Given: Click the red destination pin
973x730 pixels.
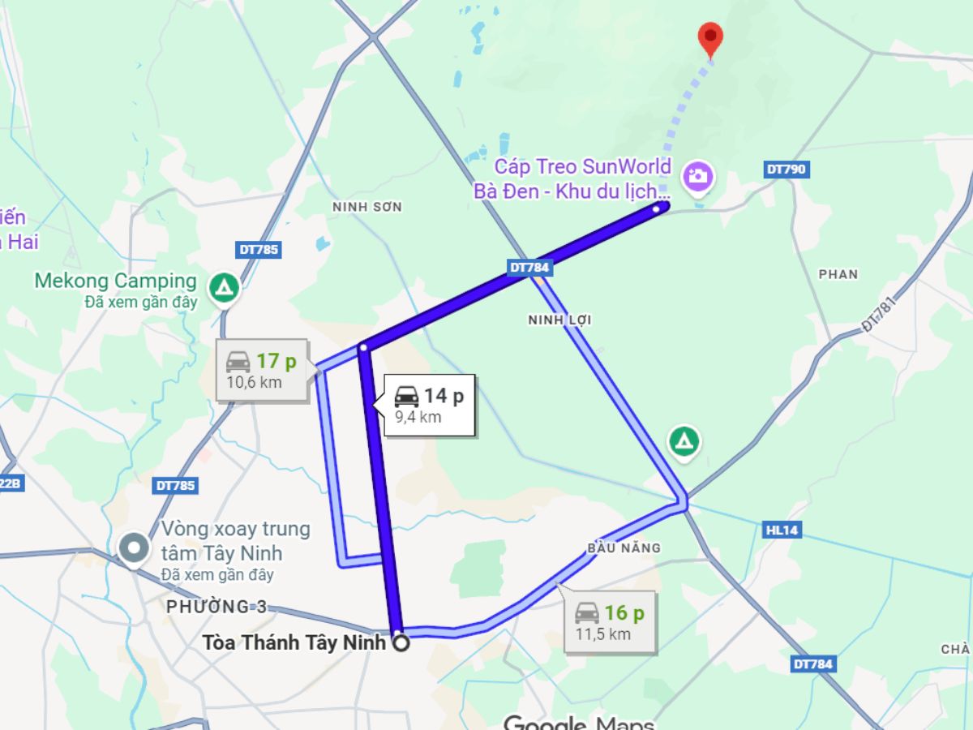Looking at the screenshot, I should (710, 37).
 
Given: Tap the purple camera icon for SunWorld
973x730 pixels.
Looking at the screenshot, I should (697, 175).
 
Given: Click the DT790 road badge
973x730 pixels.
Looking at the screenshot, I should (786, 170).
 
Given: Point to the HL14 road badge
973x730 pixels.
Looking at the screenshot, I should (782, 530).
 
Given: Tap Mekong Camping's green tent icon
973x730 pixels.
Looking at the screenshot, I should (223, 286).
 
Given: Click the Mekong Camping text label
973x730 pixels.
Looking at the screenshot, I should (115, 281).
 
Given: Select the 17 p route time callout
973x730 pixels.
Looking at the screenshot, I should (261, 370).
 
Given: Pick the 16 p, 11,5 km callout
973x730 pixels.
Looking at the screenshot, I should (610, 622).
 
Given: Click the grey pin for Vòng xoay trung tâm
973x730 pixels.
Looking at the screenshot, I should (132, 547).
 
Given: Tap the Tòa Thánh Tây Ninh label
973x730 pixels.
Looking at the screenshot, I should (294, 643).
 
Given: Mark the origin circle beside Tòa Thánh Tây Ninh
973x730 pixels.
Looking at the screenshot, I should (401, 644).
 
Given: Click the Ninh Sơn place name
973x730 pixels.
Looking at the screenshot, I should (367, 207).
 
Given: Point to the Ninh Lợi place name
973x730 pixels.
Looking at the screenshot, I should (559, 320).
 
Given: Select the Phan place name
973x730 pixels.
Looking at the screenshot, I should (838, 274).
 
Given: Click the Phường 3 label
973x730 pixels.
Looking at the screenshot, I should (216, 607).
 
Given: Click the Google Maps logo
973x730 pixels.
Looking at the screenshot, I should (578, 721).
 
